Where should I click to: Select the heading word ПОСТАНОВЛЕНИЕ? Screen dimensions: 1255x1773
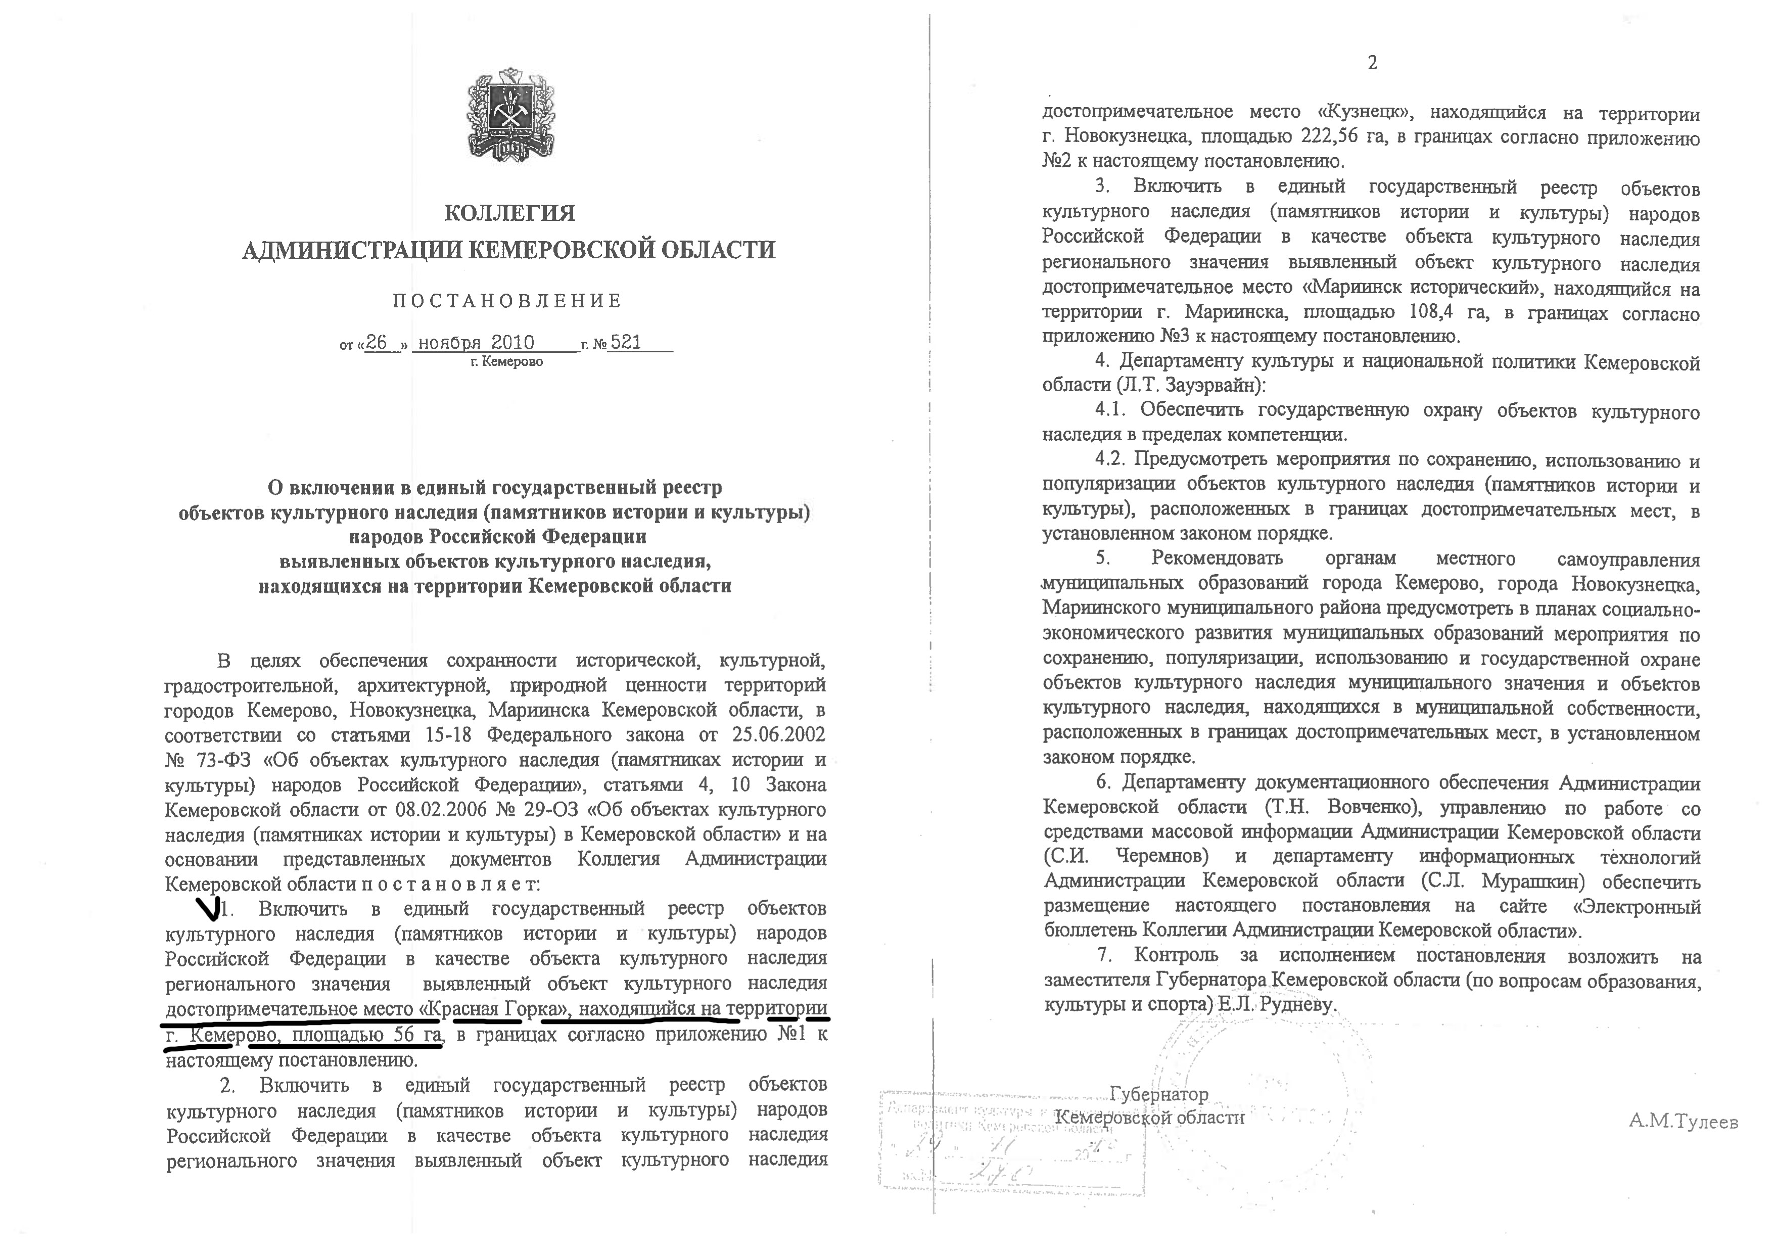point(507,301)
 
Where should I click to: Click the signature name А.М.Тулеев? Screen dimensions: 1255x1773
point(1683,1121)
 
